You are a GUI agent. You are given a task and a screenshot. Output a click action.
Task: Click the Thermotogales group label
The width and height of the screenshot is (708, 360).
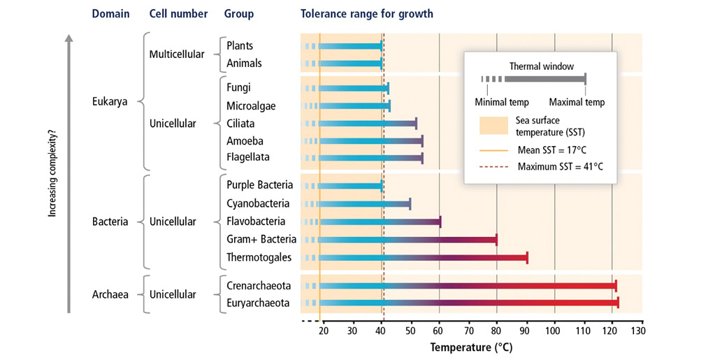[259, 258]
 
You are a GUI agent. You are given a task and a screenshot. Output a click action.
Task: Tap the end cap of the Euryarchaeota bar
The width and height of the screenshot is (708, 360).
[618, 303]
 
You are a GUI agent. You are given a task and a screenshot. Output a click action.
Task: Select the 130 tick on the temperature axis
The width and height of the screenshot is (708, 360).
[638, 330]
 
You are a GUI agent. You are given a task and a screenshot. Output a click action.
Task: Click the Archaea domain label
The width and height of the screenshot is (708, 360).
[110, 294]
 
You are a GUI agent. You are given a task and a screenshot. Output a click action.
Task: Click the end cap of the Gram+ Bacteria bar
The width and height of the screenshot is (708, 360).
[496, 240]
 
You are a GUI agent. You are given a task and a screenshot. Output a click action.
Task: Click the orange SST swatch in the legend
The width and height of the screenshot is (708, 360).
[493, 126]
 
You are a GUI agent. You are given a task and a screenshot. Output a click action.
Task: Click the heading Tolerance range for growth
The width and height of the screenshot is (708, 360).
[367, 14]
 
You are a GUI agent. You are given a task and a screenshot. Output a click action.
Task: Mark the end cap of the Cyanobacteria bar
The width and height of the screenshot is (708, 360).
[410, 204]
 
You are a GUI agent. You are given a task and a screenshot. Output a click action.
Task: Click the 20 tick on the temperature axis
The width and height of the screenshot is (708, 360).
[324, 330]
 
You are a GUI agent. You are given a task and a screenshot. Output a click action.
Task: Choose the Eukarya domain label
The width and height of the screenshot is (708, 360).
[110, 101]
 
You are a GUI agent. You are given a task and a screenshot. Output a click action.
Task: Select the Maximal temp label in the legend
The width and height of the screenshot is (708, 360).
[577, 102]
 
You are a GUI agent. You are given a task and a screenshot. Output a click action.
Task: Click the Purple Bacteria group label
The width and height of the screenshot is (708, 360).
[260, 185]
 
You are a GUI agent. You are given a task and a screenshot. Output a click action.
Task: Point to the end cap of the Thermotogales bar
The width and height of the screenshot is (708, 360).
[527, 258]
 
